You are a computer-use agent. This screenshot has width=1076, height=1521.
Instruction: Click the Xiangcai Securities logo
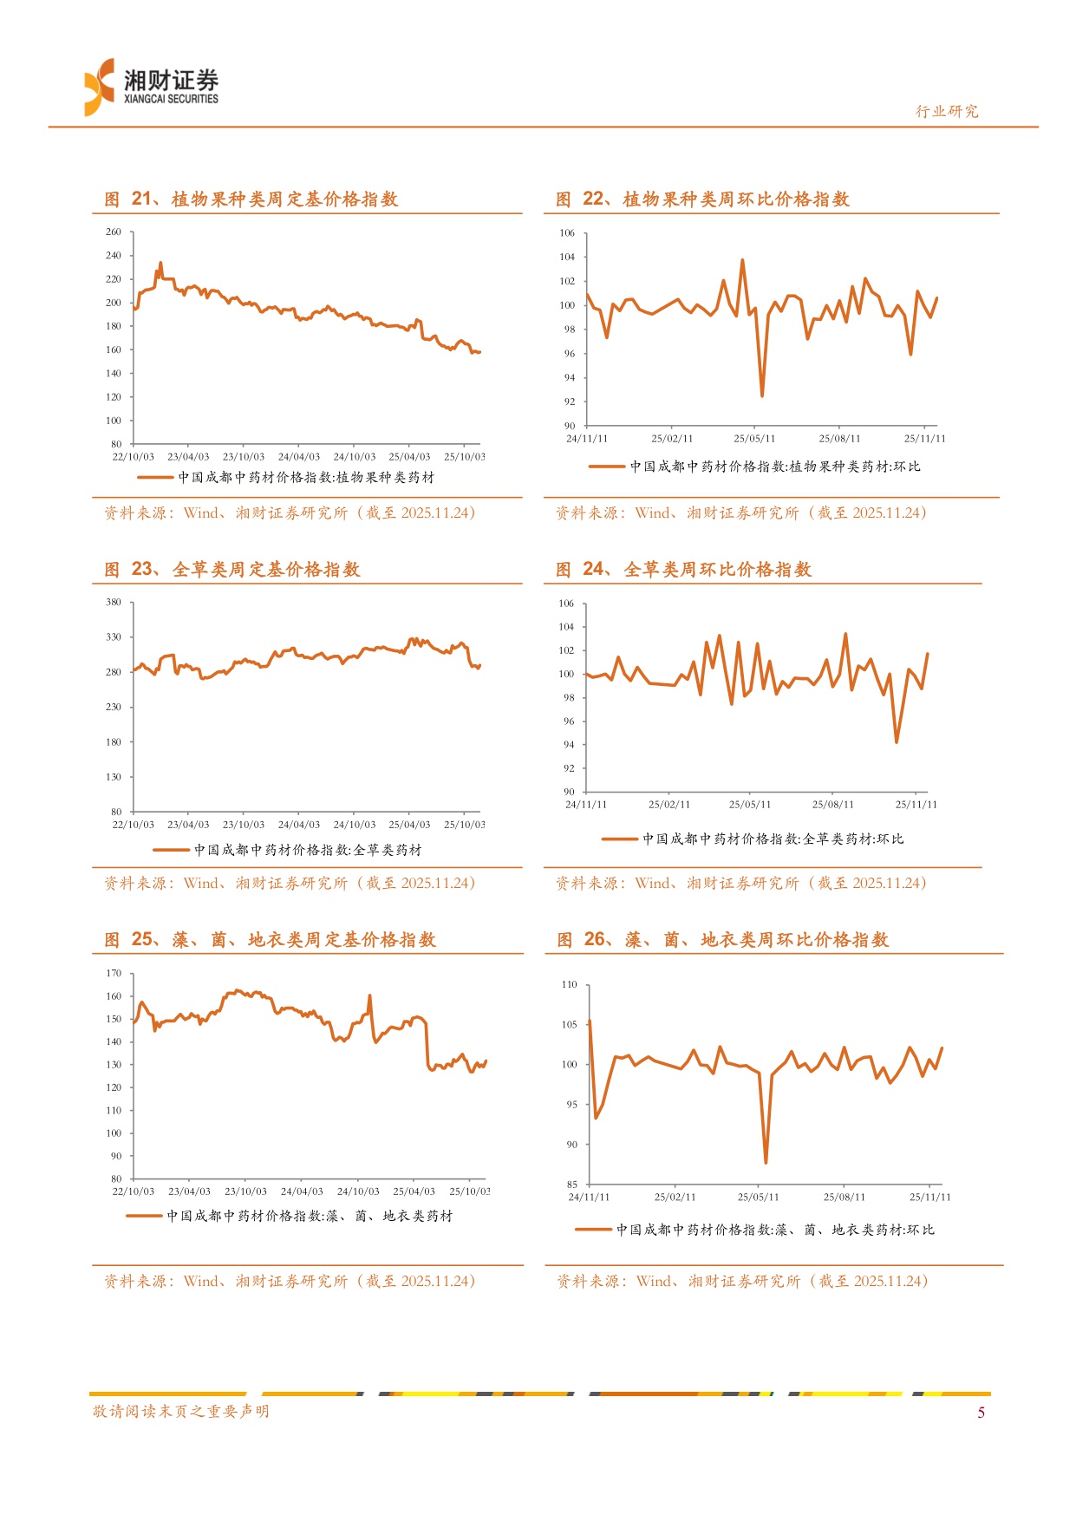[x=152, y=87]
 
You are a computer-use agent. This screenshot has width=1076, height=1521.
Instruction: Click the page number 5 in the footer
[x=981, y=1413]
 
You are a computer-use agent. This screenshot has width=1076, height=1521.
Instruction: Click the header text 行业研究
[x=947, y=111]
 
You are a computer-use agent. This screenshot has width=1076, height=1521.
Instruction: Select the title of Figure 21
[x=251, y=199]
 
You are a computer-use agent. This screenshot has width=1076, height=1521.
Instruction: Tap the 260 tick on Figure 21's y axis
[x=114, y=232]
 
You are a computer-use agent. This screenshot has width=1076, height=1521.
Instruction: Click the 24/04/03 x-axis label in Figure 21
[x=299, y=457]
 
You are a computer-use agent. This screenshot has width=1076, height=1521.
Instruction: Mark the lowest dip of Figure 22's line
[x=762, y=395]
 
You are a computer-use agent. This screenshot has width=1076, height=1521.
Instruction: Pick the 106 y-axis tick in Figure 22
[x=567, y=233]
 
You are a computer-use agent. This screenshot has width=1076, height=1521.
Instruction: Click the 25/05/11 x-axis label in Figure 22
[x=754, y=439]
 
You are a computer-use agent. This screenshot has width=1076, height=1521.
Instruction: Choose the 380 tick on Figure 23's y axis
[x=114, y=602]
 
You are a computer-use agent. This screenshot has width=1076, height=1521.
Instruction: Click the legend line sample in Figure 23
[x=171, y=851]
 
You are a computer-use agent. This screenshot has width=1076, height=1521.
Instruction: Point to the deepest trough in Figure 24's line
[x=897, y=741]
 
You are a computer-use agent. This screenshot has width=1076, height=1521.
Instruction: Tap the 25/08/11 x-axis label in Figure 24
[x=832, y=805]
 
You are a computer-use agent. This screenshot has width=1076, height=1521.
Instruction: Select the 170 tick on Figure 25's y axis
[x=114, y=973]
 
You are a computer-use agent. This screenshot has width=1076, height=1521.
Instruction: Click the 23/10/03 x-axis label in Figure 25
[x=245, y=1191]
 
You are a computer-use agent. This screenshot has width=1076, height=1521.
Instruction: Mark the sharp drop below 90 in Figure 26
[x=766, y=1162]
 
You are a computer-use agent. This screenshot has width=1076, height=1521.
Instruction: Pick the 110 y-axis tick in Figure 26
[x=569, y=985]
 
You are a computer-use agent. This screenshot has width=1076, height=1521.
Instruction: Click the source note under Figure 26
[x=742, y=1282]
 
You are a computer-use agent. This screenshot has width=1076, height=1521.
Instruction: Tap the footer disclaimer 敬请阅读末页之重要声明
[x=181, y=1412]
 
